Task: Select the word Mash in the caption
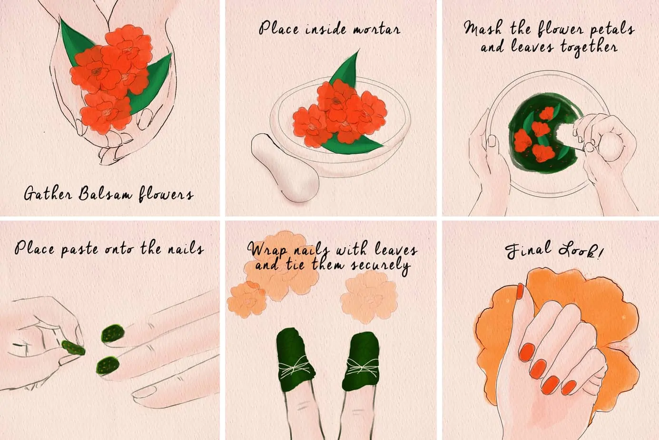point(482,29)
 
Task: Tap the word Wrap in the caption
point(265,249)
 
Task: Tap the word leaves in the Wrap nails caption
point(396,250)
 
